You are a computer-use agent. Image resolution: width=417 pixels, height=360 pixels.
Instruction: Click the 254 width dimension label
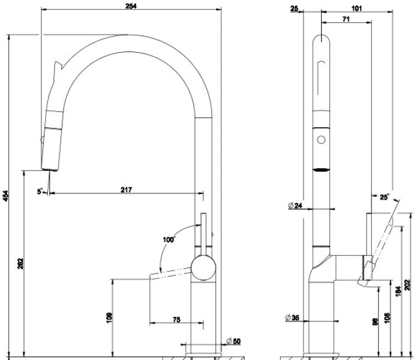point(131,6)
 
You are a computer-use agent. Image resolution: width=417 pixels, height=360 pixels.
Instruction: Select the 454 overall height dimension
point(6,196)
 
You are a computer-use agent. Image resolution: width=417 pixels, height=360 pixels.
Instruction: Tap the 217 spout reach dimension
point(126,190)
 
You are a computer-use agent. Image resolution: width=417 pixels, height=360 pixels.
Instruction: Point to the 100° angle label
point(169,239)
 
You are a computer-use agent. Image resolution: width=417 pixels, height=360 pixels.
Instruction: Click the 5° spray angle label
point(40,191)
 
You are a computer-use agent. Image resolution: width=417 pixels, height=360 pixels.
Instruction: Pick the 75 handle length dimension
point(176,320)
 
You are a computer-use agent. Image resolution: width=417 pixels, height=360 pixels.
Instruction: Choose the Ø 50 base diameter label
point(233,341)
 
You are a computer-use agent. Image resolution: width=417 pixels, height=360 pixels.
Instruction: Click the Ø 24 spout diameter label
point(295,206)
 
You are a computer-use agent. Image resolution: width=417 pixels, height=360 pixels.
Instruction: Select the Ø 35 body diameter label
point(292,317)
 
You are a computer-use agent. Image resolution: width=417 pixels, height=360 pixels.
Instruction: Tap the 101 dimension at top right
point(356,8)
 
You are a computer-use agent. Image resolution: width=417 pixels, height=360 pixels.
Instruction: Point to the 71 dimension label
point(346,19)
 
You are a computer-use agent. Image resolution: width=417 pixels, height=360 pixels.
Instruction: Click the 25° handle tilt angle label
point(384,197)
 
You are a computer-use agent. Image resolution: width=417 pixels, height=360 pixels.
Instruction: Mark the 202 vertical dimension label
point(407,285)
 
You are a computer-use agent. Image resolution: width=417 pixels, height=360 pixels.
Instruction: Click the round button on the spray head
point(321,140)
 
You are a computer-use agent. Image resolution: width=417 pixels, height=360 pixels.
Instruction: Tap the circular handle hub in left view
point(204,268)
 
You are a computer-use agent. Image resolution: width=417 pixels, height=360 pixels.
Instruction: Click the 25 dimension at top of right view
point(295,8)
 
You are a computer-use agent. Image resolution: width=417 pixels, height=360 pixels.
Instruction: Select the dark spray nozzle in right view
point(321,170)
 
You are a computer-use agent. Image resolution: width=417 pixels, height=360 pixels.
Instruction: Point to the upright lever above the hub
point(203,235)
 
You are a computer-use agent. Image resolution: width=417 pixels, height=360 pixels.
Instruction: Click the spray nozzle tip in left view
point(49,170)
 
